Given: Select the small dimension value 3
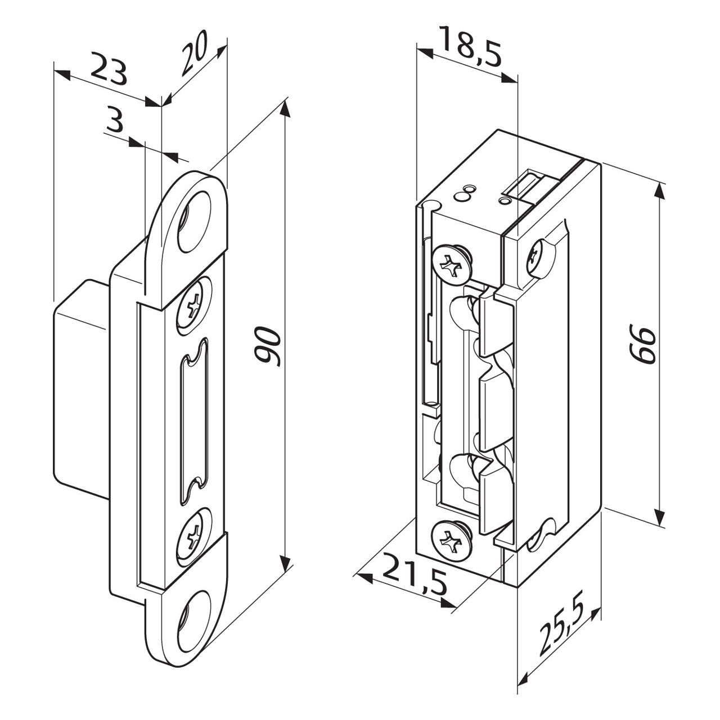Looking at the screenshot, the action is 114,119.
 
